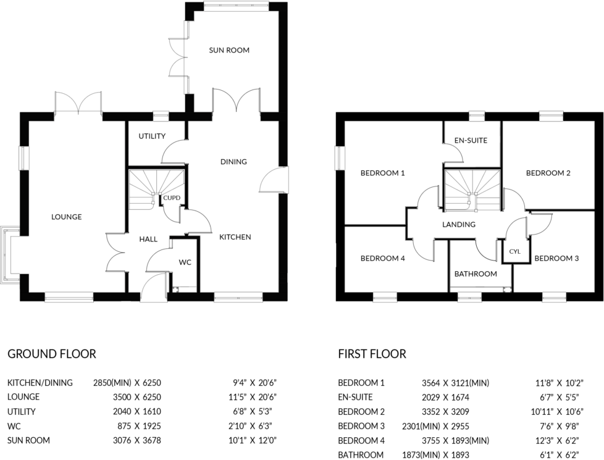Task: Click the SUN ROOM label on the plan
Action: coord(229,50)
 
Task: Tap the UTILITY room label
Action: coord(151,136)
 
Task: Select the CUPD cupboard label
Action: coord(171,198)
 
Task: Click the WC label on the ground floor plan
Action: coord(185,262)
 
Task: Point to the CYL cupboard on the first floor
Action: coord(515,252)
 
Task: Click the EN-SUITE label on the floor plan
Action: coord(471,140)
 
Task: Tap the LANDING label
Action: coord(459,224)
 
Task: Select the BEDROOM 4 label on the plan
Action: coord(383,258)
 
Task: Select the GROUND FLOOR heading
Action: coord(52,354)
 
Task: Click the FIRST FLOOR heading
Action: coord(372,354)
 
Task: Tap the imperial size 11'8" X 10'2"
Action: coord(560,383)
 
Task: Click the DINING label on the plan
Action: coord(233,162)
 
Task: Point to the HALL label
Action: coord(148,239)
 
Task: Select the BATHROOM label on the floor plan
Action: coord(476,274)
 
